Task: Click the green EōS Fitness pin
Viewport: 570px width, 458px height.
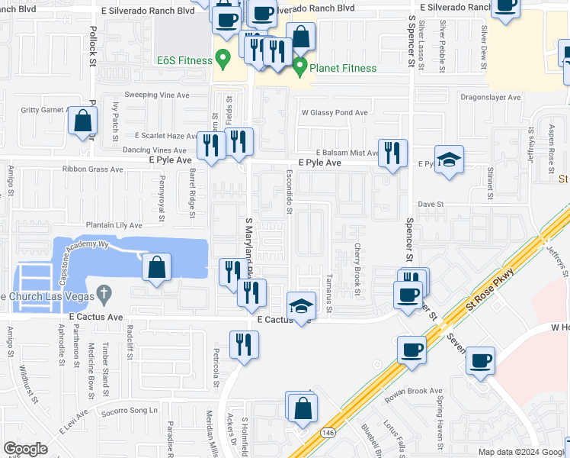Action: point(223,58)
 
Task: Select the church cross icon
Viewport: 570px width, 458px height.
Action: point(104,293)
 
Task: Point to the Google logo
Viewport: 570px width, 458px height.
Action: point(25,449)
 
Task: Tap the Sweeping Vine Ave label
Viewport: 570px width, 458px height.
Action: point(156,95)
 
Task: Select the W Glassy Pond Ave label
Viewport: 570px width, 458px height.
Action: point(334,112)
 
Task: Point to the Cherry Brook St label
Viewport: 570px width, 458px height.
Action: point(357,269)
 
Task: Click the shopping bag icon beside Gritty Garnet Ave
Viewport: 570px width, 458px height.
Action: point(82,120)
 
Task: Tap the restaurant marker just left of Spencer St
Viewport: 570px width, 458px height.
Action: point(392,152)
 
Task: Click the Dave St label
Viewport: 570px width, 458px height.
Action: point(431,205)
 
